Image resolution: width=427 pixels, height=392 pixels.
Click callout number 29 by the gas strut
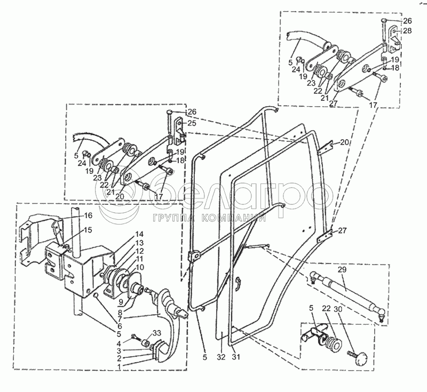pos(342,269)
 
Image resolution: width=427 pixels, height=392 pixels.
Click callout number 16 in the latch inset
pos(88,215)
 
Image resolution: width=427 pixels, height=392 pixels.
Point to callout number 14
pos(140,234)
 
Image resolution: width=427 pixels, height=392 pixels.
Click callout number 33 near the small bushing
pos(157,333)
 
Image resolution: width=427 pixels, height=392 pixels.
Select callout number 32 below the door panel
pos(221,357)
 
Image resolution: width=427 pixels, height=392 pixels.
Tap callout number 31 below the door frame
pos(236,357)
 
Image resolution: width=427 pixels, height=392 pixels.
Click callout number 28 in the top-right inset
pos(407,31)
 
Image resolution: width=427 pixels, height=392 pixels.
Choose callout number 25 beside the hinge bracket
pos(192,123)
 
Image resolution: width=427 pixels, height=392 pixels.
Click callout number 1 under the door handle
pos(119,366)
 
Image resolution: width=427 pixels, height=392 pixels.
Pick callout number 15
pos(88,230)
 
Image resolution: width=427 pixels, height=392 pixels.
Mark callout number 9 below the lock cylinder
pos(121,301)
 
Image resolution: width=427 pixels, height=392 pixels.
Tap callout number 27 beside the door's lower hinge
pos(342,230)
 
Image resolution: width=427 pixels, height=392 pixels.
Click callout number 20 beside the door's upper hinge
pos(344,142)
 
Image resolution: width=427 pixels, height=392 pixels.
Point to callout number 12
pos(139,251)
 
